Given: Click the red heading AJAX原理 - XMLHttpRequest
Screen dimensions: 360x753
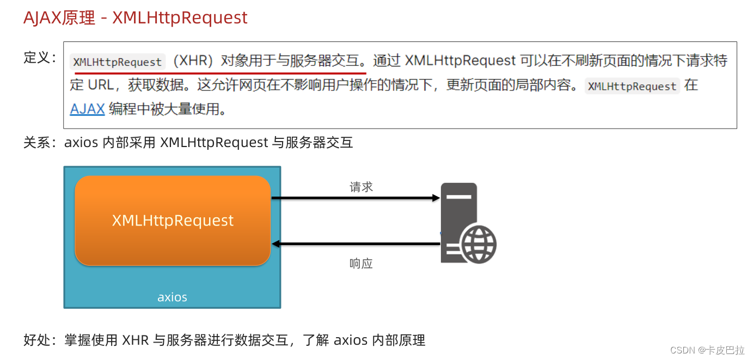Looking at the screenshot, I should point(135,18).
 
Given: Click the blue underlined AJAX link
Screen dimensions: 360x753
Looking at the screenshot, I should point(87,109).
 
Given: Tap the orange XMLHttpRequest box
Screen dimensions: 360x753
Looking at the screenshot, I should point(173,221).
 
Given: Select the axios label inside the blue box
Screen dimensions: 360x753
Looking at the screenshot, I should point(172,297).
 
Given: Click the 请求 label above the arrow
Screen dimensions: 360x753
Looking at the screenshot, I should point(361,187).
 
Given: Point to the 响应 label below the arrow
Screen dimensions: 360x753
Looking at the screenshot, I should point(361,264).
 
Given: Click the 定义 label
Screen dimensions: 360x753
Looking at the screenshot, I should point(36,58).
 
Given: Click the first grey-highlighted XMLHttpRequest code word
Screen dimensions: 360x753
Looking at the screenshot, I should point(118,62).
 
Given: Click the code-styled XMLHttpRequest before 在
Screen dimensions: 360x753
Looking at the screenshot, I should point(632,86).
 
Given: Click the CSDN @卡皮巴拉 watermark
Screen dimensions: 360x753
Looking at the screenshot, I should point(707,350).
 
